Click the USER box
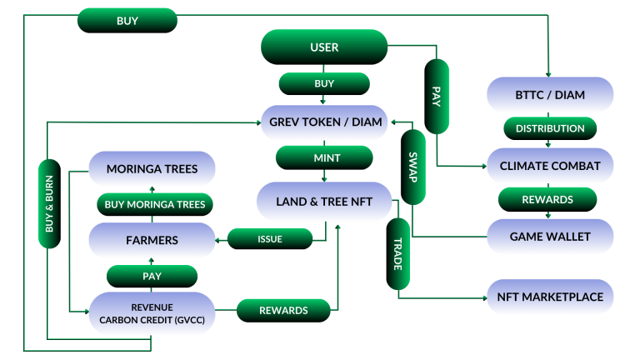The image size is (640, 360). [324, 47]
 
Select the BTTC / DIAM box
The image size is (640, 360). [549, 95]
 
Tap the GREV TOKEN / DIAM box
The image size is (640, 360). [325, 122]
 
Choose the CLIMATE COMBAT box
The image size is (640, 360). [549, 166]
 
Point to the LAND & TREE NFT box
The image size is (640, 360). [324, 201]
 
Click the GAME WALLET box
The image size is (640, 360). [549, 237]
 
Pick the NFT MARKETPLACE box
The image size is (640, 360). [549, 297]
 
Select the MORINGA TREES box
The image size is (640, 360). [152, 169]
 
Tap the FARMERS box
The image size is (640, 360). [152, 240]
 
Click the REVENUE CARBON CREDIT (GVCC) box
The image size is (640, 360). [152, 313]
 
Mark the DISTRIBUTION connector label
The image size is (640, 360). [549, 128]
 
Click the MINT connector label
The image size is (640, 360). [324, 157]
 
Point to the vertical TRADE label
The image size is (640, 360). [398, 253]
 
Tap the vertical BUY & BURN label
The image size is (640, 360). [49, 203]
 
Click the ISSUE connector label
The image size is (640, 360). [270, 239]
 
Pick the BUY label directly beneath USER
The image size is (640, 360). [324, 83]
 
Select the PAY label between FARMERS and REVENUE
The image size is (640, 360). [152, 275]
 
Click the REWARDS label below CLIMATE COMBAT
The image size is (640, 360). [547, 200]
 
